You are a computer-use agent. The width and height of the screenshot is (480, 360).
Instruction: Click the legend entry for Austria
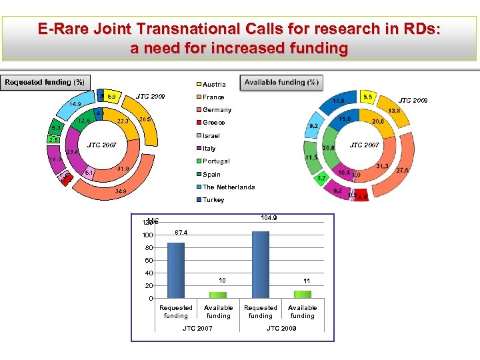pyautogui.click(x=213, y=85)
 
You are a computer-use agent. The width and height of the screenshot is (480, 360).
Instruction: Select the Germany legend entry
pyautogui.click(x=217, y=110)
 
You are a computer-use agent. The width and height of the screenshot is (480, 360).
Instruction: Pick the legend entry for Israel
pyautogui.click(x=212, y=136)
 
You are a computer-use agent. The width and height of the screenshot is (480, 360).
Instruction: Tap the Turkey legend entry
pyautogui.click(x=213, y=200)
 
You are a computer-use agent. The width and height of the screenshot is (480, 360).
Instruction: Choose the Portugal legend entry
pyautogui.click(x=215, y=161)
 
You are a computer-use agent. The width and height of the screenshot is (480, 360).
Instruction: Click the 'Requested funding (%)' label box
pyautogui.click(x=45, y=83)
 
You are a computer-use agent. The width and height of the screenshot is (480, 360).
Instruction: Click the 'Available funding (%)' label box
pyautogui.click(x=281, y=83)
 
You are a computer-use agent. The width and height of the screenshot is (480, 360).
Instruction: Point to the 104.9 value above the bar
pyautogui.click(x=269, y=218)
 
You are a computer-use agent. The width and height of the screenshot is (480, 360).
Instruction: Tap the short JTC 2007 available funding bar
pyautogui.click(x=219, y=295)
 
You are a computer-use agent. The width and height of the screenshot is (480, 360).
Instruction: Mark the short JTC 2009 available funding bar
pyautogui.click(x=303, y=294)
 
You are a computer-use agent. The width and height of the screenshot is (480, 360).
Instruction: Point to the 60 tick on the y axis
pyautogui.click(x=149, y=261)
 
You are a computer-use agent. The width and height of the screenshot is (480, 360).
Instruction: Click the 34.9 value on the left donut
pyautogui.click(x=121, y=191)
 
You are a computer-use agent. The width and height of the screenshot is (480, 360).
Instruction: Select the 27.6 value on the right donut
pyautogui.click(x=403, y=171)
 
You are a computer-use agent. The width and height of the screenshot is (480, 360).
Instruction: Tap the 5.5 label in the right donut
pyautogui.click(x=367, y=97)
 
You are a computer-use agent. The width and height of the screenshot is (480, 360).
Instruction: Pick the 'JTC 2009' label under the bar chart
pyautogui.click(x=281, y=329)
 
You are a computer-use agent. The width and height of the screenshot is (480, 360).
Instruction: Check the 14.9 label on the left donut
pyautogui.click(x=75, y=104)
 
